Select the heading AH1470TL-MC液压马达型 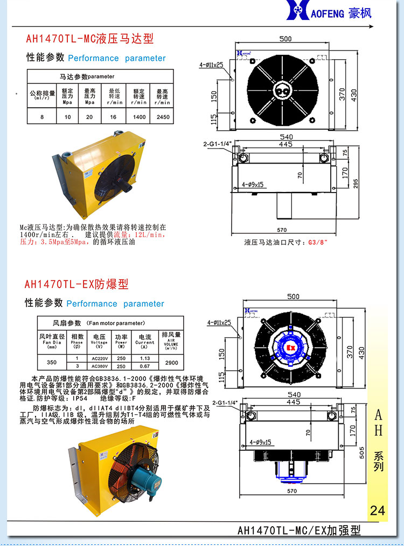pos(90,39)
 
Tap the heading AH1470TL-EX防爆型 pos(76,284)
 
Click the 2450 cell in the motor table pos(162,117)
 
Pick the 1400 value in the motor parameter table pos(139,117)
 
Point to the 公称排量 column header pos(42,95)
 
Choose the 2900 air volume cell pos(171,363)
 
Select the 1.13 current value pos(145,358)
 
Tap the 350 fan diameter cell pos(51,363)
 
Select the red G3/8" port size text pos(318,242)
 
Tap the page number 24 pos(378,510)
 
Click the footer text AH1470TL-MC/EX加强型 pos(299,530)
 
